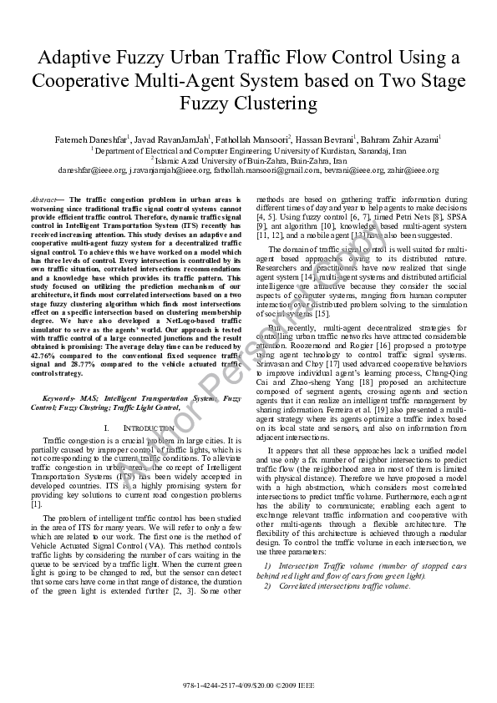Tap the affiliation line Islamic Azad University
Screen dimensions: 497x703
pyautogui.click(x=248, y=159)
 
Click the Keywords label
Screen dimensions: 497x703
pyautogui.click(x=63, y=399)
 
